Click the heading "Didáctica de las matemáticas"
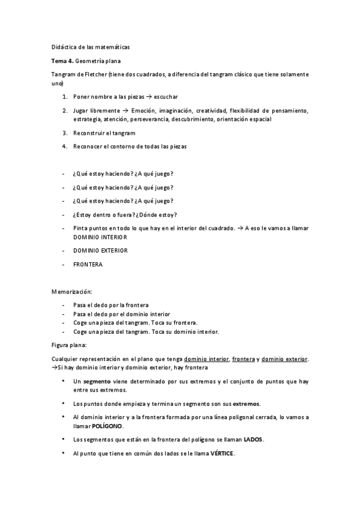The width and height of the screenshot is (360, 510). [x=90, y=46]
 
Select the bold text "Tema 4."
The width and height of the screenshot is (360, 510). [x=63, y=61]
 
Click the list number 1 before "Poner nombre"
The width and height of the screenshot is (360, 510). [x=64, y=96]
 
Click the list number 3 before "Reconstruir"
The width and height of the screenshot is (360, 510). [x=64, y=133]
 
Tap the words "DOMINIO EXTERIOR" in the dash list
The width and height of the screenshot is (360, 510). [x=100, y=250]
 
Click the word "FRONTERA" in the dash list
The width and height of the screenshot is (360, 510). [x=88, y=264]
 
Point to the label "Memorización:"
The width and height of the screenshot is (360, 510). [x=72, y=292]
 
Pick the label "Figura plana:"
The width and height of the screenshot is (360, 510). [x=70, y=346]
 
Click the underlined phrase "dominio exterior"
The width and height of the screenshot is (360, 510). [x=285, y=359]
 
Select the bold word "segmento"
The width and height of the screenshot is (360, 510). [x=96, y=381]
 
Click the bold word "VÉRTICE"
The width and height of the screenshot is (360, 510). [x=222, y=453]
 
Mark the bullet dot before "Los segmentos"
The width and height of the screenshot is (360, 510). [x=64, y=439]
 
